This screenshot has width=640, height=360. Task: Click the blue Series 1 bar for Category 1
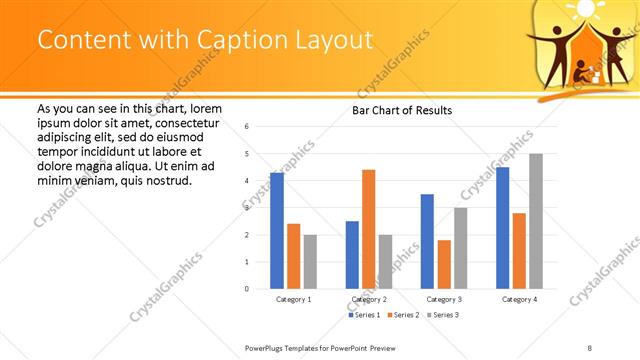(277, 231)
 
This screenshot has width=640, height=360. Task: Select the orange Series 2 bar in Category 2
(368, 229)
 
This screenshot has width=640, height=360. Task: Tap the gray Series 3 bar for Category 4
(536, 221)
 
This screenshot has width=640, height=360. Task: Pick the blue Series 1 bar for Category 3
(427, 241)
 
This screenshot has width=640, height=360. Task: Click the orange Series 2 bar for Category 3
(444, 264)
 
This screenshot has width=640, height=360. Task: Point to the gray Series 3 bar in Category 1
(310, 261)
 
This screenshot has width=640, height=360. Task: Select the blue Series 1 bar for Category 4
(502, 228)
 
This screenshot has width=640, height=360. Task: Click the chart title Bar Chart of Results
(402, 110)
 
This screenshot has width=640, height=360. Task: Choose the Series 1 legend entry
(365, 315)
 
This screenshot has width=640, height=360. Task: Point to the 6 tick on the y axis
(247, 127)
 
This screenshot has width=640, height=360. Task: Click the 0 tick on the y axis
(247, 289)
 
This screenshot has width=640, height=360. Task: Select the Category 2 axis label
(369, 299)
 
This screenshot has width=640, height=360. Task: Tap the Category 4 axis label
(519, 299)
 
